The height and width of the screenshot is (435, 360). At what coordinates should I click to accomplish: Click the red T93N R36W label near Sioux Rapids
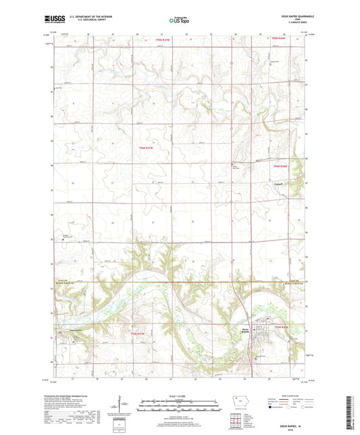pyautogui.click(x=282, y=328)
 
